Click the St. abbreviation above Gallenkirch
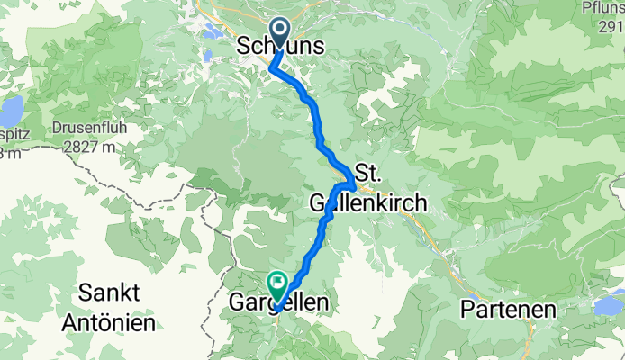370,172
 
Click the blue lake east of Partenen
609,307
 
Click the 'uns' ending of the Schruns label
307,45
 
